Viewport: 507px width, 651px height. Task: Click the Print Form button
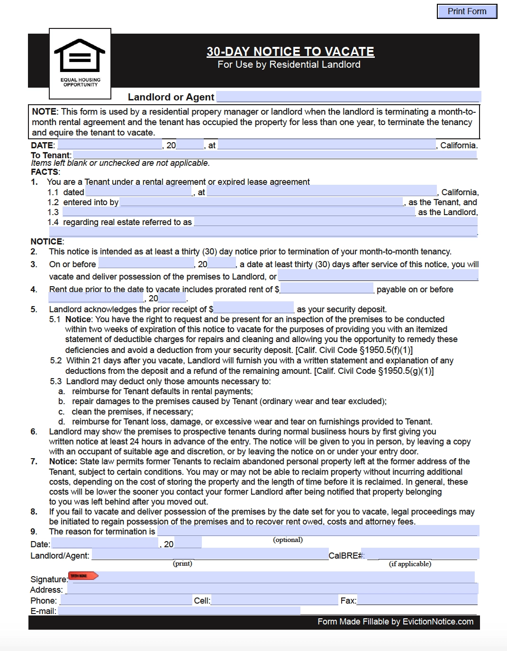(x=467, y=11)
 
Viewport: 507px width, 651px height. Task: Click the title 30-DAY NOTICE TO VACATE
(x=290, y=52)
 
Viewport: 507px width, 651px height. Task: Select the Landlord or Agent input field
(x=348, y=97)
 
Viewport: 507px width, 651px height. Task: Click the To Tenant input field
(x=275, y=154)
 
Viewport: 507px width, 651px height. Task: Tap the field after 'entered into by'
(x=261, y=202)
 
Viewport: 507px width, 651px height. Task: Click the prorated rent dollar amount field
(x=327, y=289)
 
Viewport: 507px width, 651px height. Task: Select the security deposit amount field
(x=253, y=308)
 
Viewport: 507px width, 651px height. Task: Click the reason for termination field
(x=317, y=531)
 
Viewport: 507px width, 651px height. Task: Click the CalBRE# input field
(x=423, y=554)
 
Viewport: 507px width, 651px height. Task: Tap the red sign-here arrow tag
(x=83, y=576)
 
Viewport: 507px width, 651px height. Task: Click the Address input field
(x=272, y=589)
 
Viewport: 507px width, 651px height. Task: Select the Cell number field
(x=274, y=600)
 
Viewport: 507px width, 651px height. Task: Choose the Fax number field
(x=417, y=600)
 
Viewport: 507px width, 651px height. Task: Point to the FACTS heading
(x=45, y=172)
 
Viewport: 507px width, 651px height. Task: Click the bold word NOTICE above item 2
(x=46, y=242)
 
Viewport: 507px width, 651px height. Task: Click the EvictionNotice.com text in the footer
(x=438, y=622)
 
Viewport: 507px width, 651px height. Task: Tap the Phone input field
(x=126, y=600)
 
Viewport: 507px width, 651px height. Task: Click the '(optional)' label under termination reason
(x=288, y=540)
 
